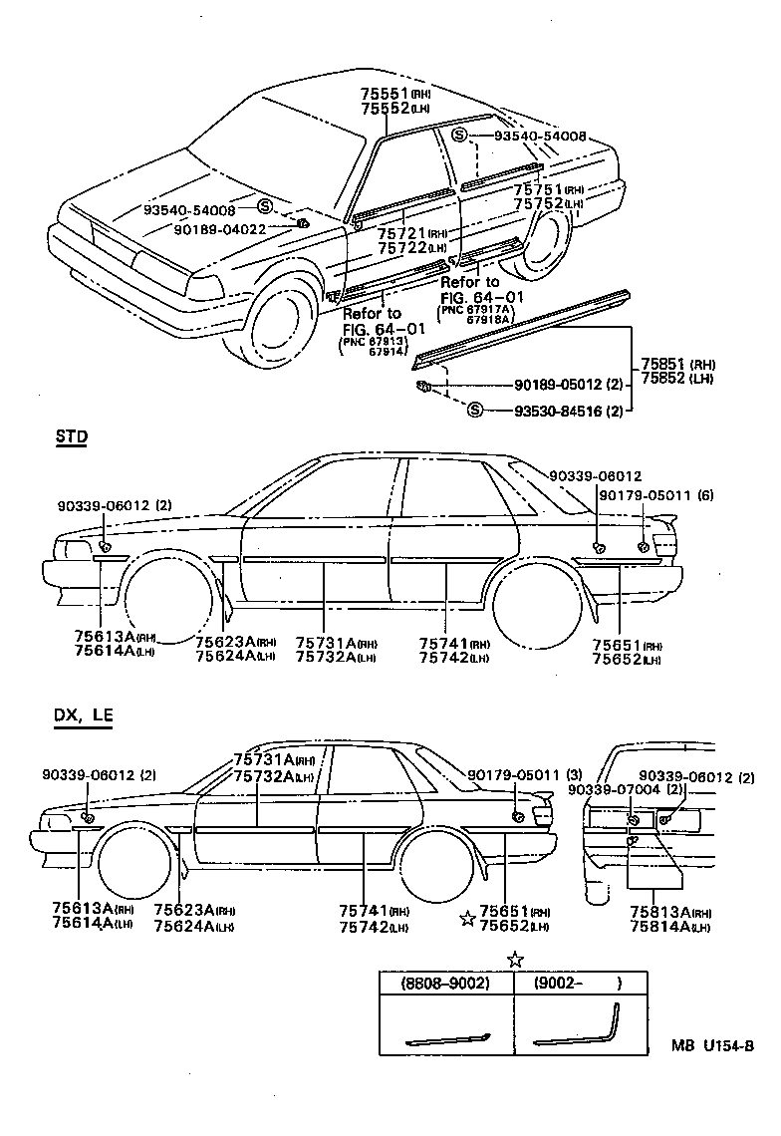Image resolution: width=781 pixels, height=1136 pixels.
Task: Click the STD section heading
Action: pyautogui.click(x=71, y=435)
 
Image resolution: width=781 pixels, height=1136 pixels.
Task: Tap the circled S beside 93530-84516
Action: pyautogui.click(x=474, y=410)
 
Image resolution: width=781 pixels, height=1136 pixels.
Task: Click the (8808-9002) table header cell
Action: pyautogui.click(x=446, y=984)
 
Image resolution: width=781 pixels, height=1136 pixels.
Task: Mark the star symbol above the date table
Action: pyautogui.click(x=514, y=960)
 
